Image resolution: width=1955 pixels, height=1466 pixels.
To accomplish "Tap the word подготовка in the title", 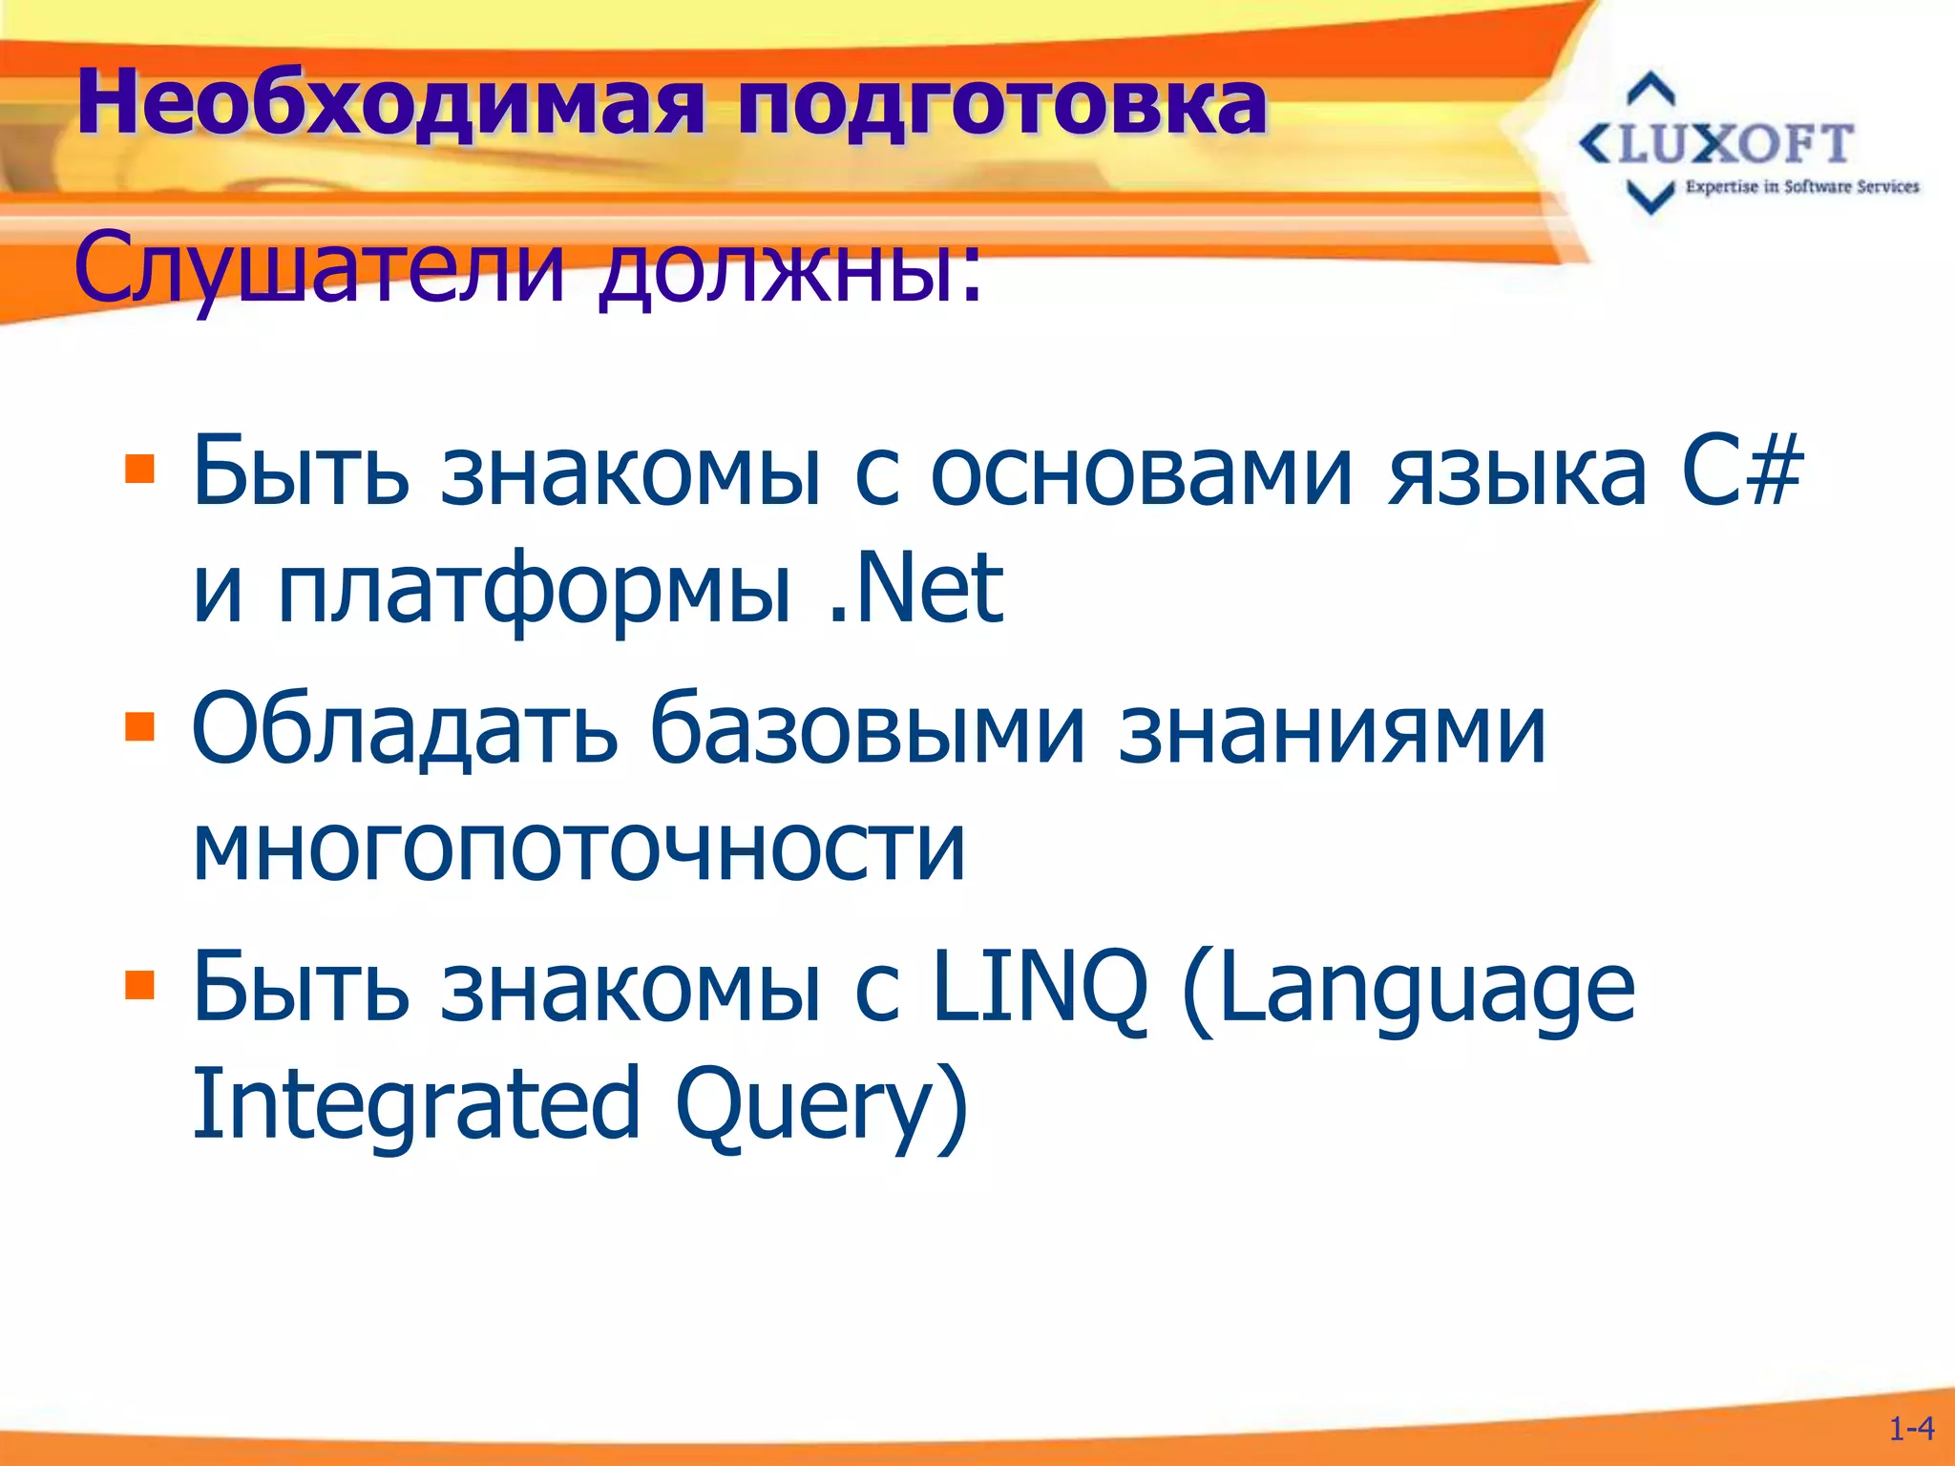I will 1001,105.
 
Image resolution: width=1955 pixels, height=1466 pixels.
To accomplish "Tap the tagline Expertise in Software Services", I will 1801,187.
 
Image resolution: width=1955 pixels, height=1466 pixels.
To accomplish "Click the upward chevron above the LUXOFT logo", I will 1650,89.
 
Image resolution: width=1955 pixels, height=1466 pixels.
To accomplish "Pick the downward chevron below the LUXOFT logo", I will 1650,197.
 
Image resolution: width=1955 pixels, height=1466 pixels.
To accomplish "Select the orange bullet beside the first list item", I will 139,469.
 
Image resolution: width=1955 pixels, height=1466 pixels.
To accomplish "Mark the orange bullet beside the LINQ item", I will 139,984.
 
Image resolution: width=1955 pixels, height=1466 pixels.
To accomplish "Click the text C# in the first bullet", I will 1741,471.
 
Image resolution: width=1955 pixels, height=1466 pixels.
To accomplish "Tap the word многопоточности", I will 578,846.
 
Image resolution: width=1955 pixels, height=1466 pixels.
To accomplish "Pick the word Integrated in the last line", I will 416,1105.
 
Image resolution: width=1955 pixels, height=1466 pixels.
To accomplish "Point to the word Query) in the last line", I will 822,1107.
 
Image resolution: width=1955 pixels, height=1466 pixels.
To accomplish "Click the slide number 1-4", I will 1911,1429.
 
